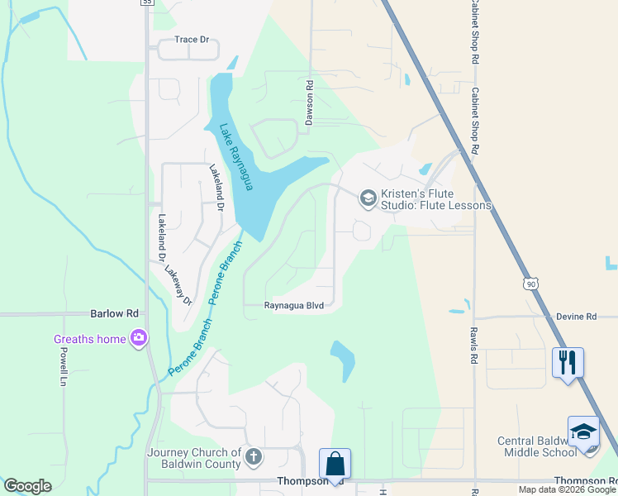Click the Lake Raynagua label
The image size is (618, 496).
234,156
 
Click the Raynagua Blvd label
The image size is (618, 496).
292,305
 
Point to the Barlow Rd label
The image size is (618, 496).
114,314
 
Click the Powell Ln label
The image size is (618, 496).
63,366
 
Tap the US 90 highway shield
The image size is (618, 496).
530,284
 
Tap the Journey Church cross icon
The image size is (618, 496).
254,456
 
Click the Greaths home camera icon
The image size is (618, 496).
139,337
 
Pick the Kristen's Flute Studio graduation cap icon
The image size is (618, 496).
368,198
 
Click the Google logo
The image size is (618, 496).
27,486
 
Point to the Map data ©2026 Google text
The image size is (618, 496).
567,489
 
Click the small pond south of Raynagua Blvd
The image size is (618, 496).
344,360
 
